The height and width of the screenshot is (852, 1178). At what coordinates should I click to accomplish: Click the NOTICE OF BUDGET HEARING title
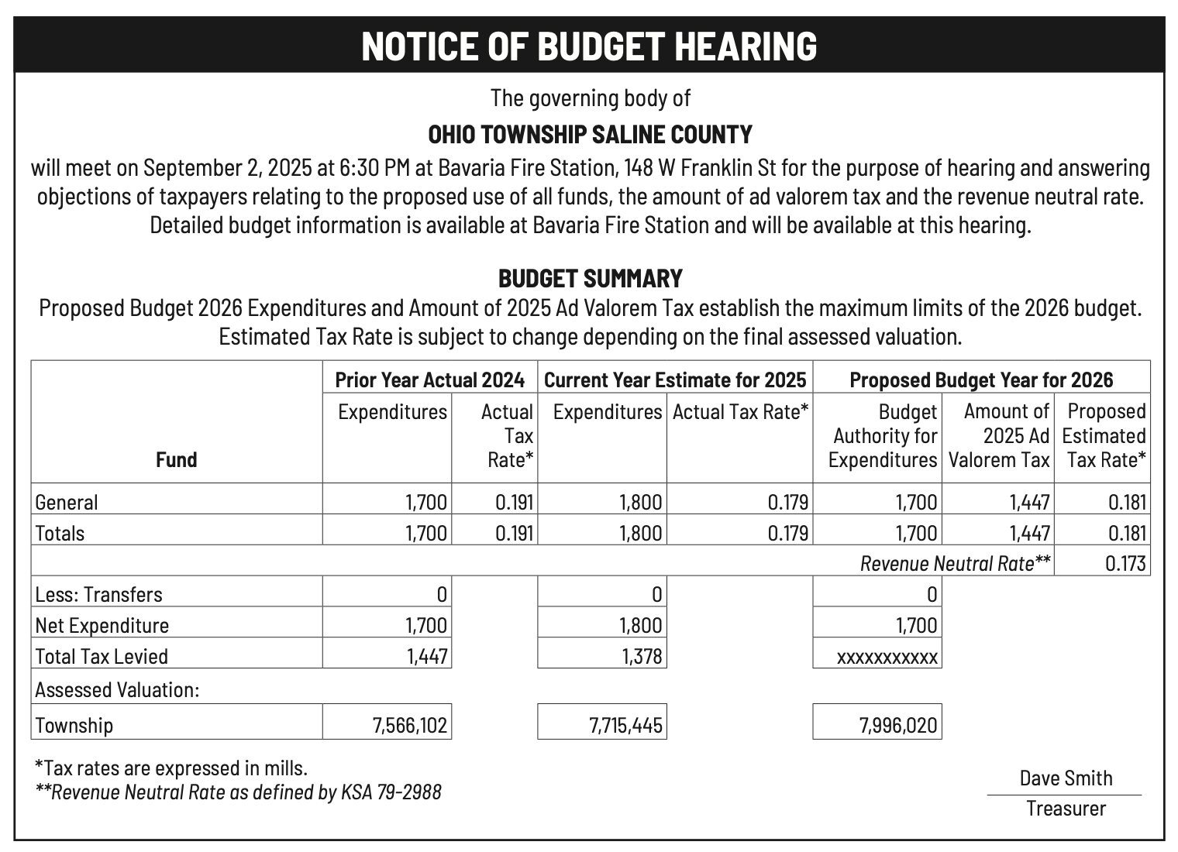(x=589, y=46)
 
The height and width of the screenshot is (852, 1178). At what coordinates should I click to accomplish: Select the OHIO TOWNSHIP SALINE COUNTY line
(x=590, y=135)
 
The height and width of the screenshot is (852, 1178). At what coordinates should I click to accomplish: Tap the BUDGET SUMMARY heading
(x=590, y=278)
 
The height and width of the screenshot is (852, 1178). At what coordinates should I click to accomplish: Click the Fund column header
(x=176, y=460)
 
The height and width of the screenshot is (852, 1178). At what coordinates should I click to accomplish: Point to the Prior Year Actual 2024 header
(x=429, y=380)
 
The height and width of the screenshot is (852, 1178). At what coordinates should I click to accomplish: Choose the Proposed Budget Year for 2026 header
(x=980, y=380)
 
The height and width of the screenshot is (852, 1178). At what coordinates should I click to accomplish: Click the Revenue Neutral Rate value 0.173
(x=1125, y=563)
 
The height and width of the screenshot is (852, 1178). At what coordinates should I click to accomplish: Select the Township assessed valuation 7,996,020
(x=897, y=726)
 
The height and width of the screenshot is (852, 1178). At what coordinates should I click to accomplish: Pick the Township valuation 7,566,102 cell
(x=410, y=726)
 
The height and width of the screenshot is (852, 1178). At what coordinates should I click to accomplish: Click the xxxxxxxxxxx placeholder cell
(x=887, y=658)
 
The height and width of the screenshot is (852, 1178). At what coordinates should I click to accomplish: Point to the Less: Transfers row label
(x=98, y=595)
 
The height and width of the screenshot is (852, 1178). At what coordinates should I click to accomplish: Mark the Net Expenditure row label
(x=102, y=626)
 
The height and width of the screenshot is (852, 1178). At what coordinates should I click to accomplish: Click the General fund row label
(x=67, y=503)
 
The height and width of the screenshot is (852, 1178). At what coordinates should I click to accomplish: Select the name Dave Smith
(x=1065, y=778)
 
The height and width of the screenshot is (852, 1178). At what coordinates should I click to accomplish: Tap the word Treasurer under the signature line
(x=1066, y=809)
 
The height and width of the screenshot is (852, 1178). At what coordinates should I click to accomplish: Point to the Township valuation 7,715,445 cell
(x=625, y=726)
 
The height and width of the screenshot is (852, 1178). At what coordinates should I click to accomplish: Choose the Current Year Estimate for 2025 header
(x=675, y=380)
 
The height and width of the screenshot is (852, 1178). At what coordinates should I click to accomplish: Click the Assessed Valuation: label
(x=117, y=689)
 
